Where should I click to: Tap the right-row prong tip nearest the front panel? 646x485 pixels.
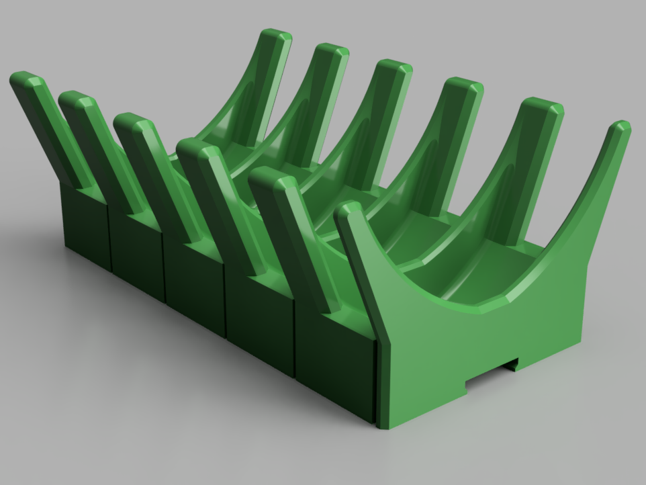(x=543, y=106)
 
